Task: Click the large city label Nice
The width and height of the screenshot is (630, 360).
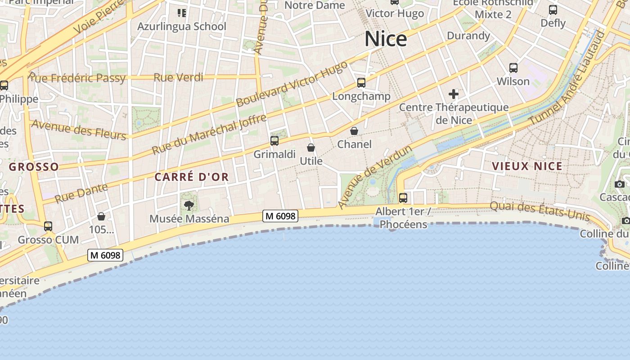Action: point(386,39)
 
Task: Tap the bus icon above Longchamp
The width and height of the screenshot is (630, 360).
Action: point(361,83)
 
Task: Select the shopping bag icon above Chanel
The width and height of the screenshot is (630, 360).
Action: point(354,131)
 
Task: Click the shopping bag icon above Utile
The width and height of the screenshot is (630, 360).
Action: point(310,148)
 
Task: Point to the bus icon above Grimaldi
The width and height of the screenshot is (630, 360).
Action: point(274,141)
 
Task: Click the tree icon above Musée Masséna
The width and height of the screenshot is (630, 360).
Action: point(189,206)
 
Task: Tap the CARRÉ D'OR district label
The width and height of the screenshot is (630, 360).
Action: point(192,177)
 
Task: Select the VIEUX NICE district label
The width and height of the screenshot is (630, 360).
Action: point(527,166)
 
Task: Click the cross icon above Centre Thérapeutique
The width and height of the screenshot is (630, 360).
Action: point(454,94)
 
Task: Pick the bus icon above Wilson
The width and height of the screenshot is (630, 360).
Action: point(513,68)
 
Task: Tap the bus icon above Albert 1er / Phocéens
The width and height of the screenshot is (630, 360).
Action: point(403,198)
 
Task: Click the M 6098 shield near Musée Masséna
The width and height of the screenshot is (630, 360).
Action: point(280,216)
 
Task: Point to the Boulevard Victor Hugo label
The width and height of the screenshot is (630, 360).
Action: point(292,84)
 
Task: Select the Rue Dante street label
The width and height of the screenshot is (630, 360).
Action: point(81,193)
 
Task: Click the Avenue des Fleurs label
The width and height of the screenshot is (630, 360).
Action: point(78,130)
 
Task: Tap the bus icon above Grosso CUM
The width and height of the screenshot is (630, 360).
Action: point(48,226)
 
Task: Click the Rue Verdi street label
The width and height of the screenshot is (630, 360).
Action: point(179,77)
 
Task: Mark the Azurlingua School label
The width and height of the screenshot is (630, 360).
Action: point(182,27)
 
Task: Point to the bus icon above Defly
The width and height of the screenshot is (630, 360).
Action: point(553,10)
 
